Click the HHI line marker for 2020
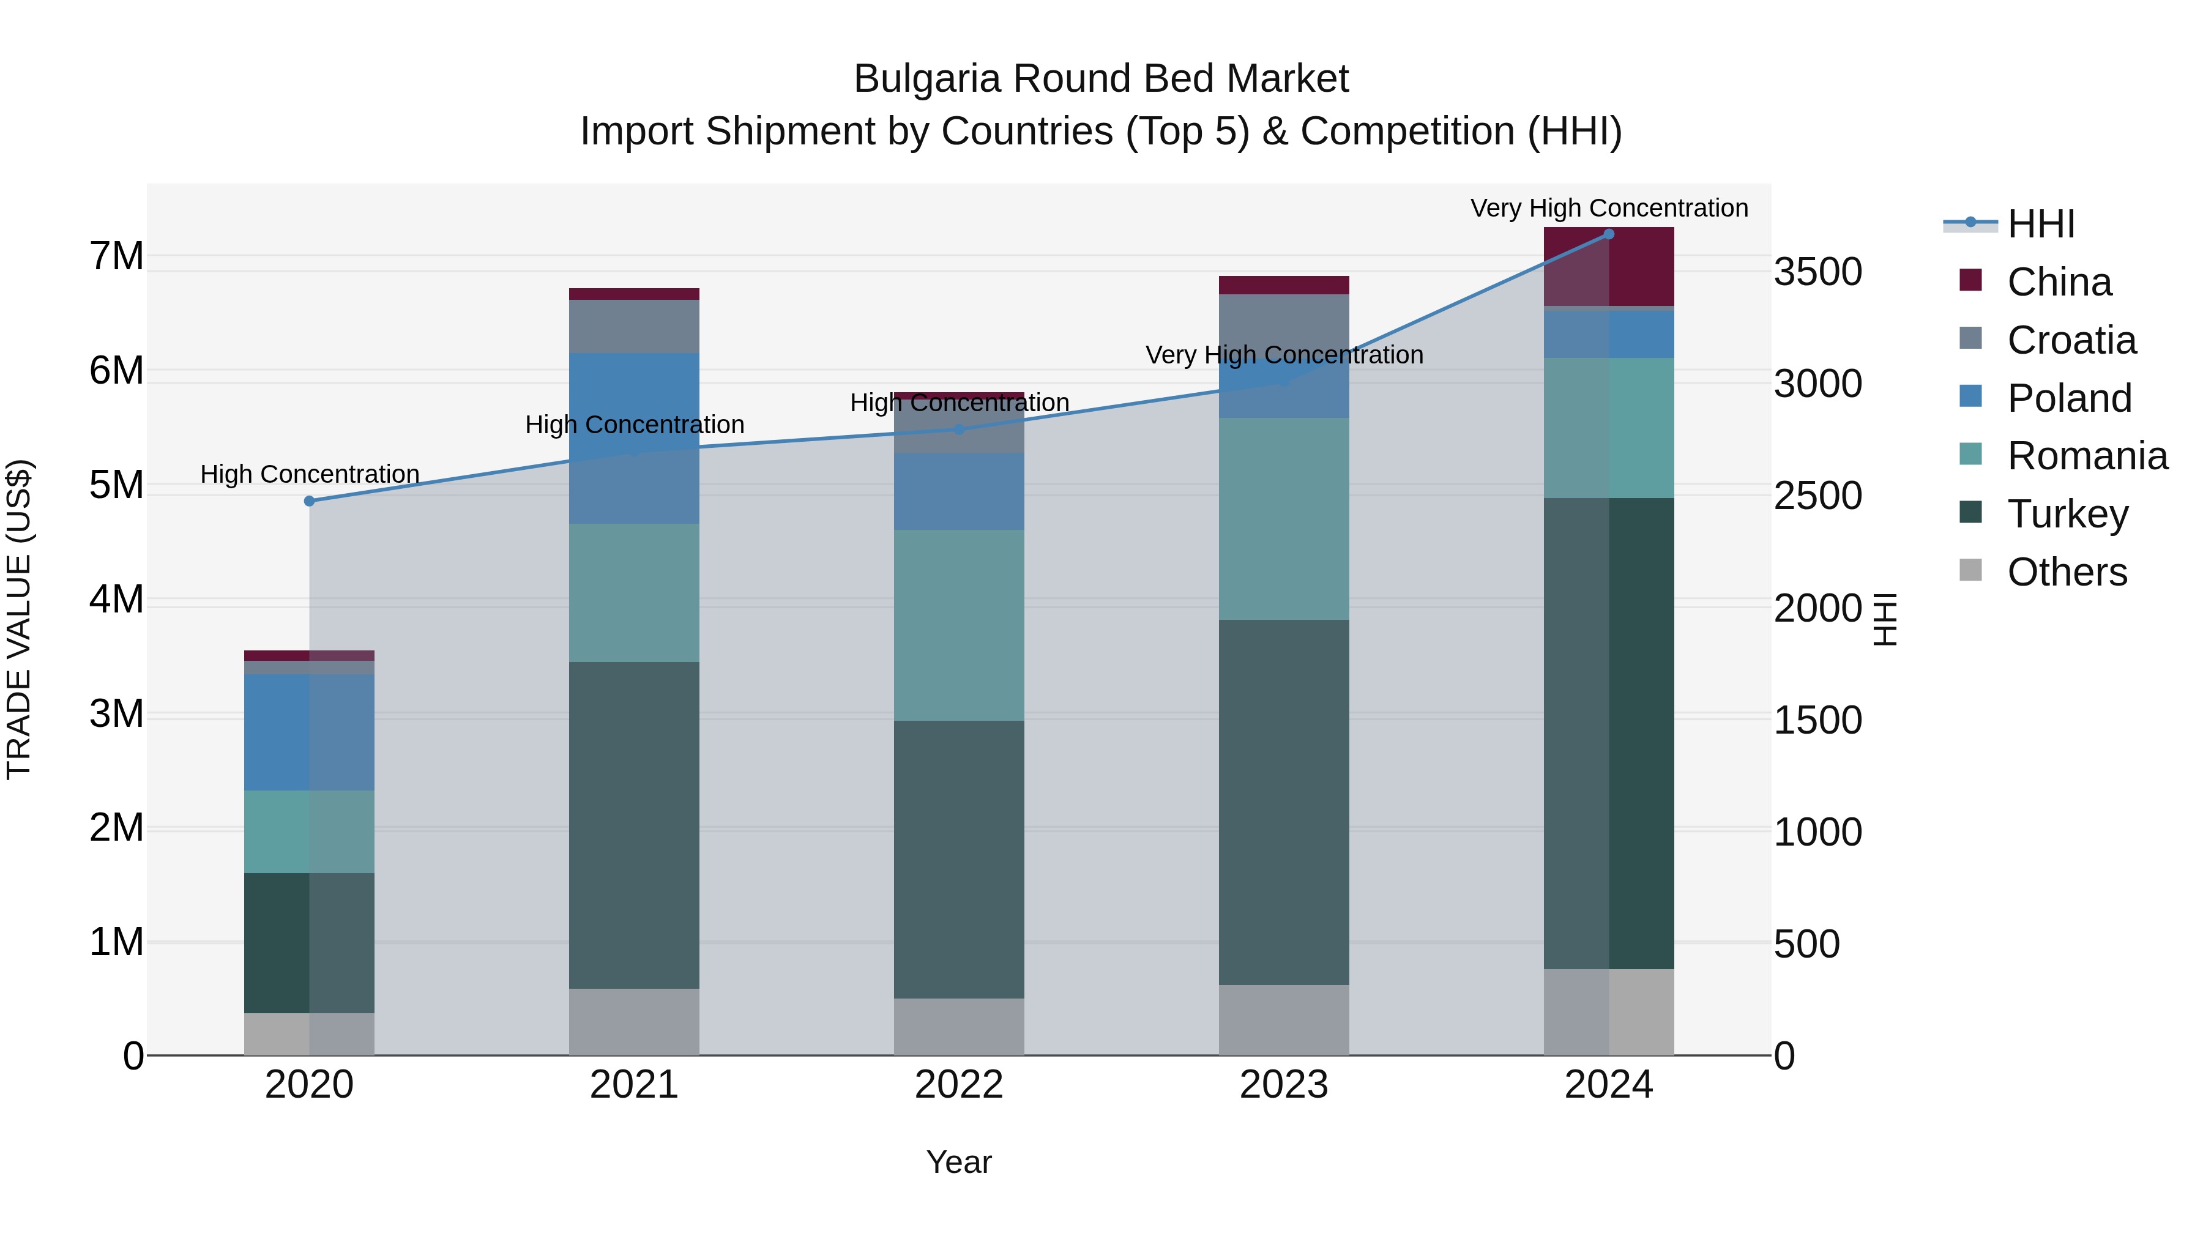tap(310, 501)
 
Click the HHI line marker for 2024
tap(1609, 234)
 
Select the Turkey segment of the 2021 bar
tap(634, 825)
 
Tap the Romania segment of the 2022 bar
tap(959, 625)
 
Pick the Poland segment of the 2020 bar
tap(309, 732)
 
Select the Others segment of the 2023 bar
tap(1284, 1020)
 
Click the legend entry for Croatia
tap(2070, 340)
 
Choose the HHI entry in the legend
tap(2040, 224)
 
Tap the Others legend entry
tap(2066, 572)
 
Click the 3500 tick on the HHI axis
tap(1818, 272)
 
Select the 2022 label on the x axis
tap(959, 1085)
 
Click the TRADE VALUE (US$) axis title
tap(19, 619)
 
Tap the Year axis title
tap(959, 1162)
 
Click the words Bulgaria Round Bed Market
tap(1101, 79)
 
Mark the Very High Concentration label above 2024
tap(1609, 208)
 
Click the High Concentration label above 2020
tap(310, 474)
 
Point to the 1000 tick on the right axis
tap(1818, 832)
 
